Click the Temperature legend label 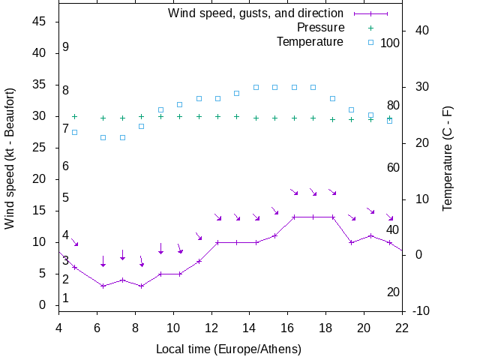tap(310, 42)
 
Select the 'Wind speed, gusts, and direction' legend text tap(256, 13)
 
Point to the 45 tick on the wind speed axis tap(40, 22)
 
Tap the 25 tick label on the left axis tap(40, 148)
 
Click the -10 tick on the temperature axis tap(421, 310)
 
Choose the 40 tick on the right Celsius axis tap(421, 31)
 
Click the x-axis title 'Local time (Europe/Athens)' tap(229, 349)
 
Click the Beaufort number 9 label tap(66, 47)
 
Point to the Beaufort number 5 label tap(66, 198)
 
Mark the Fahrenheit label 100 tap(390, 43)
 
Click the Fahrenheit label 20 tap(393, 292)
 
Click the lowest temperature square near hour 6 tap(103, 137)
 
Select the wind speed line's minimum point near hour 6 tap(103, 286)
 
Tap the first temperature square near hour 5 tap(74, 132)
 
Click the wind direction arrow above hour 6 tap(103, 261)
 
